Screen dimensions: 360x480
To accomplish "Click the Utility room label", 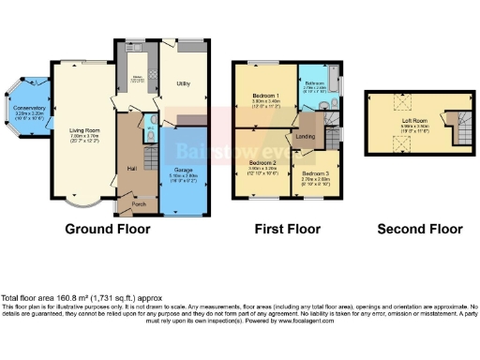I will pyautogui.click(x=184, y=83).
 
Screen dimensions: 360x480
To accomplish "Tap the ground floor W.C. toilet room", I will pyautogui.click(x=151, y=137).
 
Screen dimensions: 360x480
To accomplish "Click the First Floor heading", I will pyautogui.click(x=290, y=228).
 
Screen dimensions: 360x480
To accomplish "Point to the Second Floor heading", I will pyautogui.click(x=419, y=228).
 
